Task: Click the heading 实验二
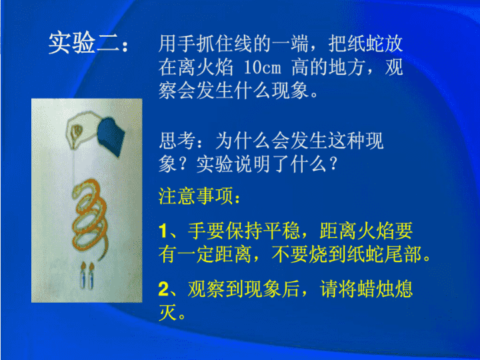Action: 83,43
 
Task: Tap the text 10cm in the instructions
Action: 262,67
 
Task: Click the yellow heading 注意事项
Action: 195,196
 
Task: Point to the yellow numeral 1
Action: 163,231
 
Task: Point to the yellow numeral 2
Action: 164,289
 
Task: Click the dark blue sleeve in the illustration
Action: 111,136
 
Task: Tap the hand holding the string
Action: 82,129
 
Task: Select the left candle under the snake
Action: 83,276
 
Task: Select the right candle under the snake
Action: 91,277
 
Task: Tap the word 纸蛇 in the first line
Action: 356,43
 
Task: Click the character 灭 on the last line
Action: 168,312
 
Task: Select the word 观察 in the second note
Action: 206,289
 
